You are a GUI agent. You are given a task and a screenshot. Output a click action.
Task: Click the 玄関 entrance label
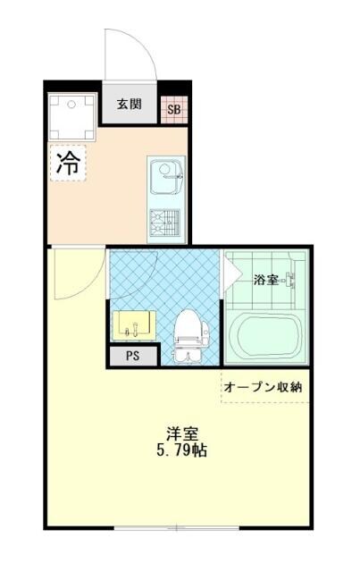click(129, 105)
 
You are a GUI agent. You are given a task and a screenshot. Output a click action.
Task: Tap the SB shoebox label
click(174, 110)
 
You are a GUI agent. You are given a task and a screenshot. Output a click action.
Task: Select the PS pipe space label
click(132, 355)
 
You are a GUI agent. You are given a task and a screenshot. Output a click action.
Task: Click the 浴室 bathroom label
click(264, 280)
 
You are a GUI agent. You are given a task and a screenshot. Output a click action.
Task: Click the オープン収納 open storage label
click(263, 387)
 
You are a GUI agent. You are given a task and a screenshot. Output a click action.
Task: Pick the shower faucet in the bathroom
click(290, 284)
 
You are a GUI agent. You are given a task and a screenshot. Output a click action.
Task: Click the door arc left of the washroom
click(71, 277)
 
